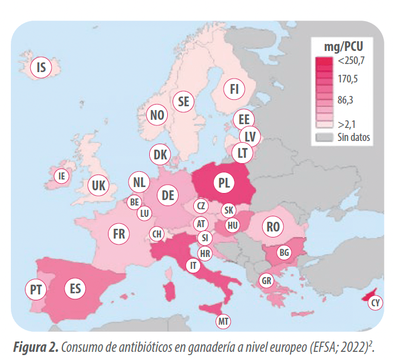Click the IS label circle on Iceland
(x=41, y=67)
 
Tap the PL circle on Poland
(x=224, y=183)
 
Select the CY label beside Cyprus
(x=375, y=303)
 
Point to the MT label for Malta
(x=223, y=321)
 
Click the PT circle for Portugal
(x=36, y=290)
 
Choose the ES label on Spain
(x=75, y=288)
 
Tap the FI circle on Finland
(x=234, y=89)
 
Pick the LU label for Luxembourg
(x=144, y=213)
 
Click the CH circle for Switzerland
(x=157, y=234)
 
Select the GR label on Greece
(x=266, y=280)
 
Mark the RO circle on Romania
(x=273, y=227)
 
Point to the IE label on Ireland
(x=62, y=176)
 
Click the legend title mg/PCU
(x=344, y=47)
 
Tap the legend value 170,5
(x=347, y=79)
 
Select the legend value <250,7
(x=351, y=61)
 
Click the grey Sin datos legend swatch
(x=324, y=138)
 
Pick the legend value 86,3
(x=345, y=100)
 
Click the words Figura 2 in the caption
(x=36, y=347)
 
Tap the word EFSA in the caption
(x=324, y=347)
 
